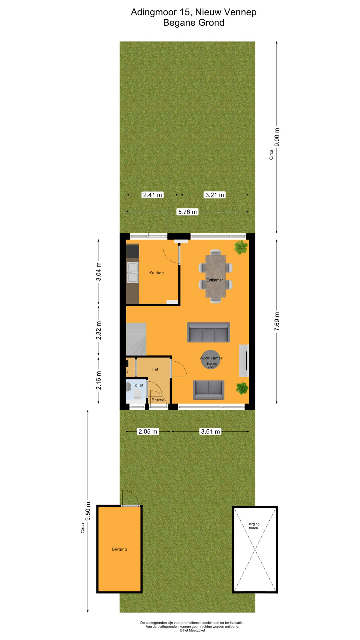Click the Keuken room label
coord(156,273)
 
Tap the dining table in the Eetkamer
coord(215,276)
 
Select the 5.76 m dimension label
coord(187,212)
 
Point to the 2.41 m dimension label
coord(153,195)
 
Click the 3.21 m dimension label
coord(215,195)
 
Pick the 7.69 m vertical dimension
coord(277,322)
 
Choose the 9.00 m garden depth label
coord(277,137)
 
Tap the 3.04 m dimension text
coord(99,272)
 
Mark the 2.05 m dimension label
coord(148,431)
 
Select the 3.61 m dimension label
coord(210,431)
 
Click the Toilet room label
coord(138,385)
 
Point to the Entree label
coord(158,400)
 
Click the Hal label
coord(155,369)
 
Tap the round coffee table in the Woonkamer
coord(210,360)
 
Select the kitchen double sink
coord(133,272)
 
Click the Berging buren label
coord(253,526)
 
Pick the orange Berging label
coord(119,549)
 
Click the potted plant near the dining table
coord(241,247)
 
